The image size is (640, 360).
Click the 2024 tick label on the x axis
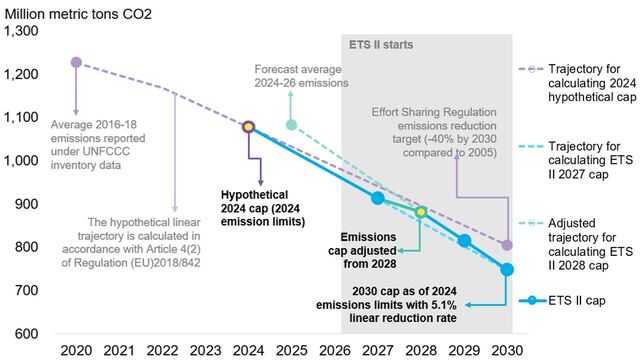tap(248, 351)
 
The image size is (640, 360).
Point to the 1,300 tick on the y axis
tap(22, 31)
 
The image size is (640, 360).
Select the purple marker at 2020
tap(76, 62)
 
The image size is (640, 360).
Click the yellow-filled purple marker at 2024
tap(248, 127)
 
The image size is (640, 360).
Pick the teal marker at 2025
tap(291, 125)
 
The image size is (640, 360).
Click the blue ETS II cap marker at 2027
tap(377, 198)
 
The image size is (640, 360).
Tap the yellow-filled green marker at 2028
tap(421, 212)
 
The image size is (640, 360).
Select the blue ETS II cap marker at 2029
tap(464, 240)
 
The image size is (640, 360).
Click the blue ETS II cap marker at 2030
tap(507, 269)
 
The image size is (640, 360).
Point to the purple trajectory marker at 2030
tap(507, 245)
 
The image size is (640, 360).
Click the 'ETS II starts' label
tap(381, 46)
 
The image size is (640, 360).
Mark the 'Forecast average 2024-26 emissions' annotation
tap(298, 76)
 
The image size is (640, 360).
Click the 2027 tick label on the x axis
tap(377, 351)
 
